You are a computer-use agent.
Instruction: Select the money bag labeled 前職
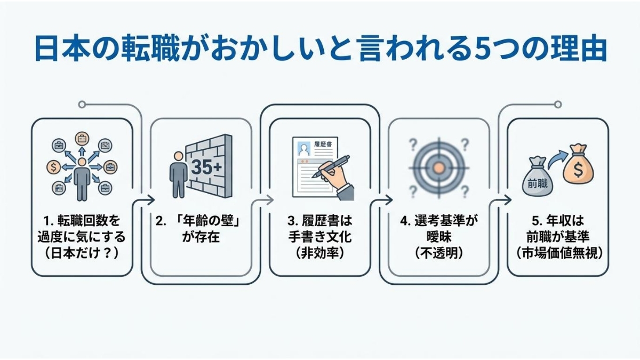537,177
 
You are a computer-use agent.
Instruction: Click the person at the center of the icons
82,179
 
